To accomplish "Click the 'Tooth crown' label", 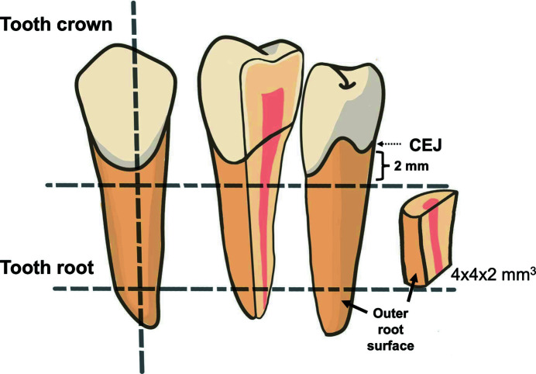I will tap(58, 24).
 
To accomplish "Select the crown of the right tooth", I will tap(333, 116).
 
